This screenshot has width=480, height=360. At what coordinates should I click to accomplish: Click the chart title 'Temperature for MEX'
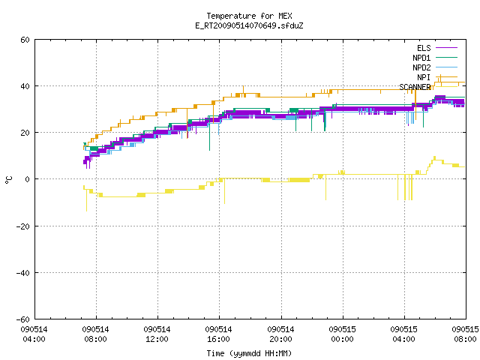[x=249, y=16]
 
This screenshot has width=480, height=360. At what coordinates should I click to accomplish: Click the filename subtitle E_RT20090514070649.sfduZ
[x=249, y=25]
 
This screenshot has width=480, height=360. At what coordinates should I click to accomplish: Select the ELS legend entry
[x=436, y=48]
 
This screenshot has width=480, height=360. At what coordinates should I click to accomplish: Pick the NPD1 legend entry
[x=435, y=58]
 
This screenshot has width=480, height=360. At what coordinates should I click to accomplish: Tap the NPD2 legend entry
[x=435, y=67]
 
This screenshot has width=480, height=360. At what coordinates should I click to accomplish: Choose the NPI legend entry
[x=436, y=77]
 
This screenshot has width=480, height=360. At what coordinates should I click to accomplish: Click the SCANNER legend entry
[x=428, y=87]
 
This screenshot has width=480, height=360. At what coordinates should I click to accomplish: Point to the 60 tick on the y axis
[x=25, y=40]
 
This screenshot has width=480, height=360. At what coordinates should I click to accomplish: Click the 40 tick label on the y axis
[x=25, y=86]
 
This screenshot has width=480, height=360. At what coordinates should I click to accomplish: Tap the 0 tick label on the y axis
[x=27, y=179]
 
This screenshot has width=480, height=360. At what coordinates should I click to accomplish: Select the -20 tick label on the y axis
[x=23, y=226]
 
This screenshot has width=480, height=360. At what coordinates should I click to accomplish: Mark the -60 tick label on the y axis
[x=23, y=319]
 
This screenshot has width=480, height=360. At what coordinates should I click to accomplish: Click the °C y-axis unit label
[x=9, y=180]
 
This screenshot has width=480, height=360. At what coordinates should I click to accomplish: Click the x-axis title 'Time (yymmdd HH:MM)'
[x=249, y=353]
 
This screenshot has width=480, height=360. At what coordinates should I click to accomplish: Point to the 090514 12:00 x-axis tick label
[x=157, y=334]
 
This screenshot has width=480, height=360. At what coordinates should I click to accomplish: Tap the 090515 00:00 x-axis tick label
[x=342, y=334]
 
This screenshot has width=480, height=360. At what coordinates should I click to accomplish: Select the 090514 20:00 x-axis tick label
[x=280, y=334]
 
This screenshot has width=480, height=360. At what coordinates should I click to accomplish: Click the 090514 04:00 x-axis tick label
[x=34, y=334]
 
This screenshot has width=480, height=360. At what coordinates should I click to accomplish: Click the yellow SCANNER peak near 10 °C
[x=434, y=157]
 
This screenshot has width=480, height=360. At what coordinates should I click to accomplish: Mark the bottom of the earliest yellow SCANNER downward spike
[x=87, y=211]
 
